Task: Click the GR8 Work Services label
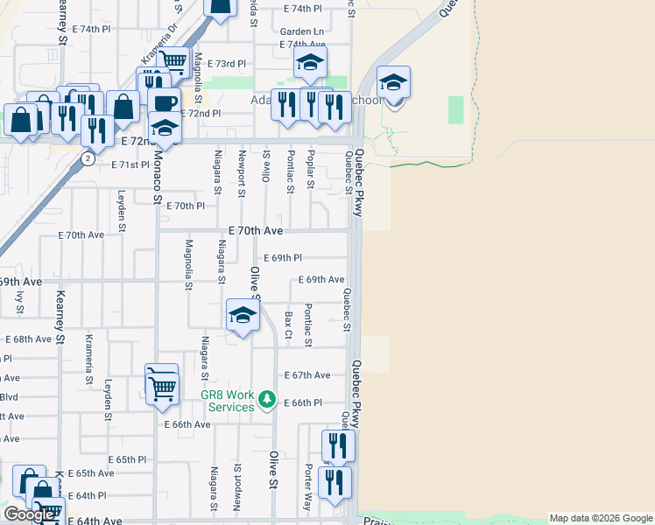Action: (x=227, y=401)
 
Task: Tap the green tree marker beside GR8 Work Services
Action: (x=268, y=401)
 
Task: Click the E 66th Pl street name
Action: (x=303, y=402)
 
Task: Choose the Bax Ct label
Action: (x=287, y=324)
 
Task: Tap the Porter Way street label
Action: (x=307, y=493)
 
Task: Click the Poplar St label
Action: (x=310, y=168)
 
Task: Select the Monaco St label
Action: (x=158, y=179)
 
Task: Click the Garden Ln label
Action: (x=298, y=30)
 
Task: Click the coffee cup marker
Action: (x=165, y=101)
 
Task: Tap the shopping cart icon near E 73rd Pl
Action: (x=173, y=60)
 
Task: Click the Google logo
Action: (x=29, y=514)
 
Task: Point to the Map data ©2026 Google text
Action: (x=600, y=518)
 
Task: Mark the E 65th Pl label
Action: (x=127, y=459)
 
